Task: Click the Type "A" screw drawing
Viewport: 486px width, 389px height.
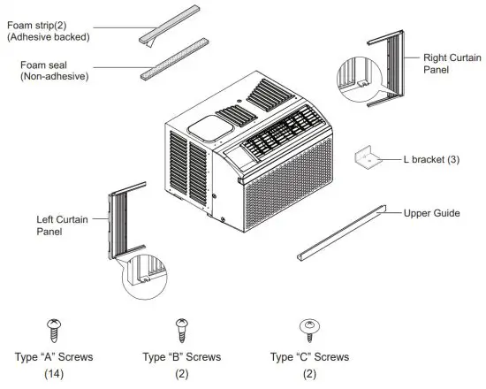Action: coord(52,329)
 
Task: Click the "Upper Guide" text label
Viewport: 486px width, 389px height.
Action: coord(431,213)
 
